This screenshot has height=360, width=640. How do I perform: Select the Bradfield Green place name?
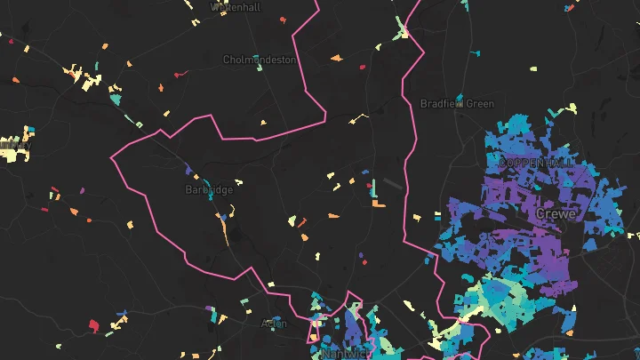[457, 104]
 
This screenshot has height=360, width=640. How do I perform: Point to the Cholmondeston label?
[260, 60]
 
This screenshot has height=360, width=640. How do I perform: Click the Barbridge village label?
[209, 189]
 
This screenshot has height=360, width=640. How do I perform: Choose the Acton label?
[274, 324]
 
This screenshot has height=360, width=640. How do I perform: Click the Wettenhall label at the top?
[235, 6]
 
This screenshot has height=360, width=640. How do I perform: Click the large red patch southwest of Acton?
[92, 326]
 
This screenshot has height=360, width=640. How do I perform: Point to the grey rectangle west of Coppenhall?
[392, 184]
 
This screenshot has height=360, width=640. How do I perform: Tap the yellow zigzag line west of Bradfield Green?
[357, 117]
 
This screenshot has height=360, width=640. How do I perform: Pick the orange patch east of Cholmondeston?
[336, 59]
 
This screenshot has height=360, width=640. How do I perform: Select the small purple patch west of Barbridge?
[83, 189]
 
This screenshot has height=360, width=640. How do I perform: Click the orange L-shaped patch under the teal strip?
[379, 204]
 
